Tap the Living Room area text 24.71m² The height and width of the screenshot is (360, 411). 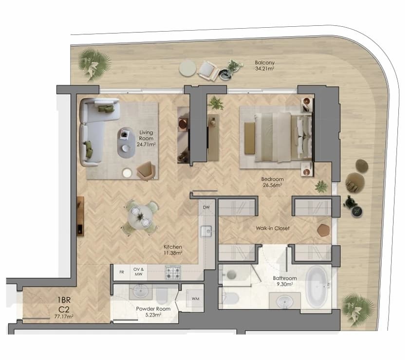146,144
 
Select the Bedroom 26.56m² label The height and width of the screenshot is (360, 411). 272,182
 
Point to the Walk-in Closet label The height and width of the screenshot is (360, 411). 273,228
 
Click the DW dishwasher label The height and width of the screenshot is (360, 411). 206,207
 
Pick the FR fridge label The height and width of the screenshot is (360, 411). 122,272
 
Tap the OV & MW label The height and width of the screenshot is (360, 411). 138,271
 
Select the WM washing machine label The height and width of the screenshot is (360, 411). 195,299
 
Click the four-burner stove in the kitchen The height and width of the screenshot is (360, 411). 173,272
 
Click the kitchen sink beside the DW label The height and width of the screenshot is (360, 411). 206,232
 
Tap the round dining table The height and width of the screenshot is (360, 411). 140,217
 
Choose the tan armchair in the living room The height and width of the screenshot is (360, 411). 145,170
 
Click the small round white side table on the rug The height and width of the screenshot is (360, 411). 127,173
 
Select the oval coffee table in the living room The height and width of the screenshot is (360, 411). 126,143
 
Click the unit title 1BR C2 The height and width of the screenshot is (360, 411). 64,305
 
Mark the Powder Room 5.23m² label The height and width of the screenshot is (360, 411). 153,311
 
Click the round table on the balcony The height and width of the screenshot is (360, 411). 187,68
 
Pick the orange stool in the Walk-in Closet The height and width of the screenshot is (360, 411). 323,231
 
